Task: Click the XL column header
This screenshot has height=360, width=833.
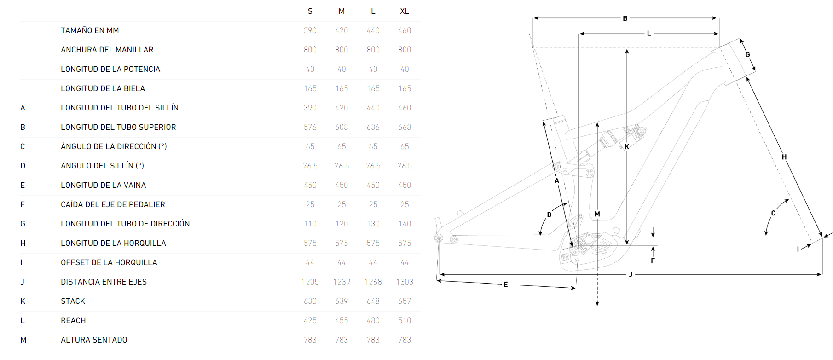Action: coord(405,11)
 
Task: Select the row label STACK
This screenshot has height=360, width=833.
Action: coord(73,301)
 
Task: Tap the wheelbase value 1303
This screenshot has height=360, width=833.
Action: coord(405,282)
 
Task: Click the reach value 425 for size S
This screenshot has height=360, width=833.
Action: coord(310,320)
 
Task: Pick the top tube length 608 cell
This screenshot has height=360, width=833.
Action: coord(341,127)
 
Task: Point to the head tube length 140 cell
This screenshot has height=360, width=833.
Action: coord(405,224)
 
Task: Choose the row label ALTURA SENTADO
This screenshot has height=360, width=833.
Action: coord(94,340)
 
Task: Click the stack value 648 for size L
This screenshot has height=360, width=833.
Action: coord(373,301)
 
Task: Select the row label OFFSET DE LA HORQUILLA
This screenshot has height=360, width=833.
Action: coord(109,262)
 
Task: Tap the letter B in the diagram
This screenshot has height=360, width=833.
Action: coord(625,18)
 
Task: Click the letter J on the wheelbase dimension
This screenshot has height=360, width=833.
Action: coord(631,274)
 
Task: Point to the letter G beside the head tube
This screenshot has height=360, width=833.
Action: coord(748,55)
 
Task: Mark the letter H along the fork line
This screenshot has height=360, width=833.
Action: coord(784,157)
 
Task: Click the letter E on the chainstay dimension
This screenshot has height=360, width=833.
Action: coord(506,285)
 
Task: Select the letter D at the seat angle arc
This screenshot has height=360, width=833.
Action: coord(549,215)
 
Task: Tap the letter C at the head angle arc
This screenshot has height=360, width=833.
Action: coord(773,213)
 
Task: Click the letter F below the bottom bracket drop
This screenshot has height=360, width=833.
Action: coord(653,261)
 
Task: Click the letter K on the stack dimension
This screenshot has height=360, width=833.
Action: coord(627,147)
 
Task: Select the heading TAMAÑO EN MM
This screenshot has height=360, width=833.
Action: coord(90,30)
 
